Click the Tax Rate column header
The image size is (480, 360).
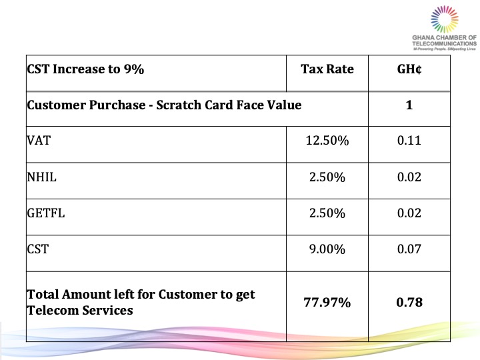(x=327, y=69)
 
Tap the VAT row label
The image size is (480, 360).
(x=37, y=141)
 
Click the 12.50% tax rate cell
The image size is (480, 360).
(x=327, y=141)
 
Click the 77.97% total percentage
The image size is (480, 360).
(x=327, y=302)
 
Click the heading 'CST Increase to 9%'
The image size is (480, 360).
(x=85, y=69)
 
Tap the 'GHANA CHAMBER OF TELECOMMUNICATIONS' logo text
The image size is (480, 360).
(x=445, y=41)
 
